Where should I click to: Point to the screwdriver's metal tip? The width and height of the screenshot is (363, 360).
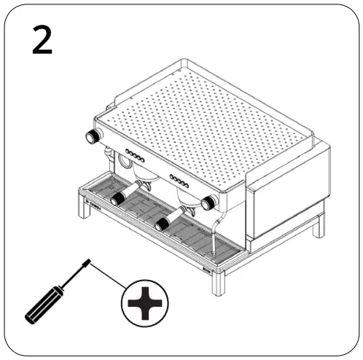87,260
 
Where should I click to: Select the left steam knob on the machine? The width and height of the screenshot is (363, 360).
93,137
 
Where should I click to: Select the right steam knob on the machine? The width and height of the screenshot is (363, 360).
209,203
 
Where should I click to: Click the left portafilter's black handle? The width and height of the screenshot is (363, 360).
117,199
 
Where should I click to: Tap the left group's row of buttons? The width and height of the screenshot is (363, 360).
136,155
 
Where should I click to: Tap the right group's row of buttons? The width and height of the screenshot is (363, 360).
179,179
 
